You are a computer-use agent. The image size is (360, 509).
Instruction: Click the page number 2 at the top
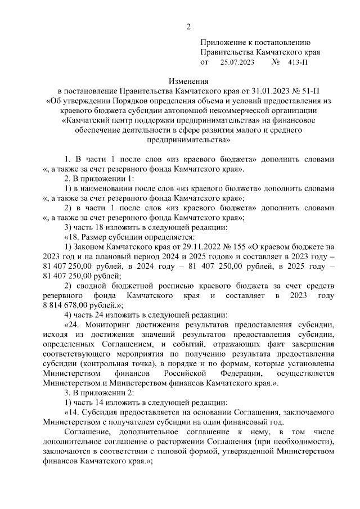[x=189, y=26]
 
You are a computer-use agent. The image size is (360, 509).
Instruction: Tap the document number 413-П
[x=298, y=62]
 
